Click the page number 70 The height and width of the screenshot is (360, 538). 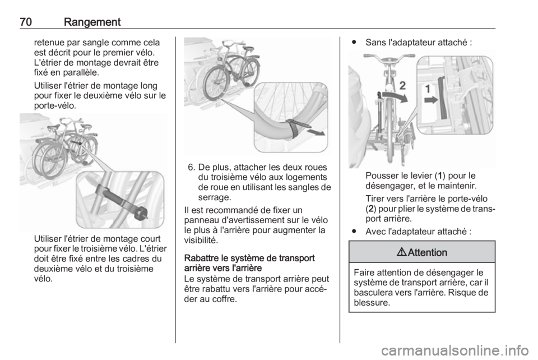coord(26,22)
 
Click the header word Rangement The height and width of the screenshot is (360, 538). coord(92,22)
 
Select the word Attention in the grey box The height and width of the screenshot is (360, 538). coord(428,252)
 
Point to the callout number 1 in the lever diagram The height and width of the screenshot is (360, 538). coord(428,89)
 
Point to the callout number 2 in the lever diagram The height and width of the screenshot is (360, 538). coord(403,85)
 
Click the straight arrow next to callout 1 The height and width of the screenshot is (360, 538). coord(432,100)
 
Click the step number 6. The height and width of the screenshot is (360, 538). coord(192,168)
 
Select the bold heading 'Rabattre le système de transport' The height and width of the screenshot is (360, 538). coord(249,258)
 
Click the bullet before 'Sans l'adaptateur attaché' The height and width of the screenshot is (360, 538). coord(354,43)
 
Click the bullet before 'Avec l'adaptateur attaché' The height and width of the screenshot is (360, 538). coord(354,232)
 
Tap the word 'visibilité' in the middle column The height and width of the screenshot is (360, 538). coord(201,240)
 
